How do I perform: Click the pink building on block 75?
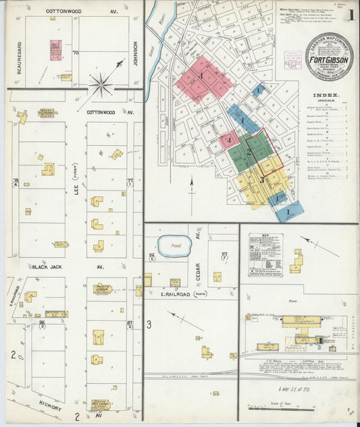pos(55,49)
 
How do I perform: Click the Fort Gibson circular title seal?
pos(329,57)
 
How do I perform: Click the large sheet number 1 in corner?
pos(349,16)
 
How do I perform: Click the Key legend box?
pos(265,254)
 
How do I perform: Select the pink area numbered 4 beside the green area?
pos(229,141)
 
